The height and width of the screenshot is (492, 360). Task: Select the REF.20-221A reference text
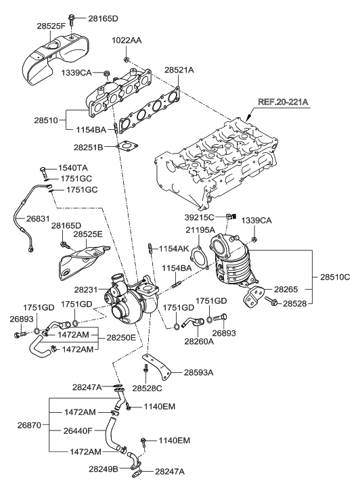point(282,102)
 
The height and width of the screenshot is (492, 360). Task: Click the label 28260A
point(200,341)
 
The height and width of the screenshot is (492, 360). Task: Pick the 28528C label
point(147,388)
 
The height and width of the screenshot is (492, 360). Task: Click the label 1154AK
point(175,249)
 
